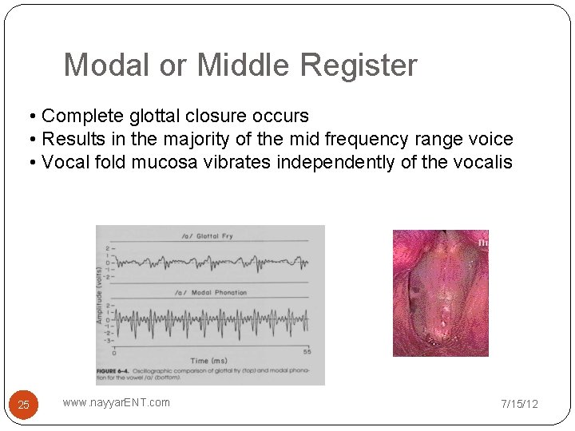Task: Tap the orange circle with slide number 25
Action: (23, 405)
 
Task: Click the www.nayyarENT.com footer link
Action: (117, 402)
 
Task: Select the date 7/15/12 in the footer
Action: (519, 404)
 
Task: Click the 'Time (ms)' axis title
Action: (210, 361)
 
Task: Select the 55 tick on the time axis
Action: (307, 352)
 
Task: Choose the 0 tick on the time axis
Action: (113, 352)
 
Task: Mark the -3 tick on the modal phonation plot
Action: (108, 340)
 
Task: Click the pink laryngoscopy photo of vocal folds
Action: (440, 292)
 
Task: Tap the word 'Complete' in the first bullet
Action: (77, 117)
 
